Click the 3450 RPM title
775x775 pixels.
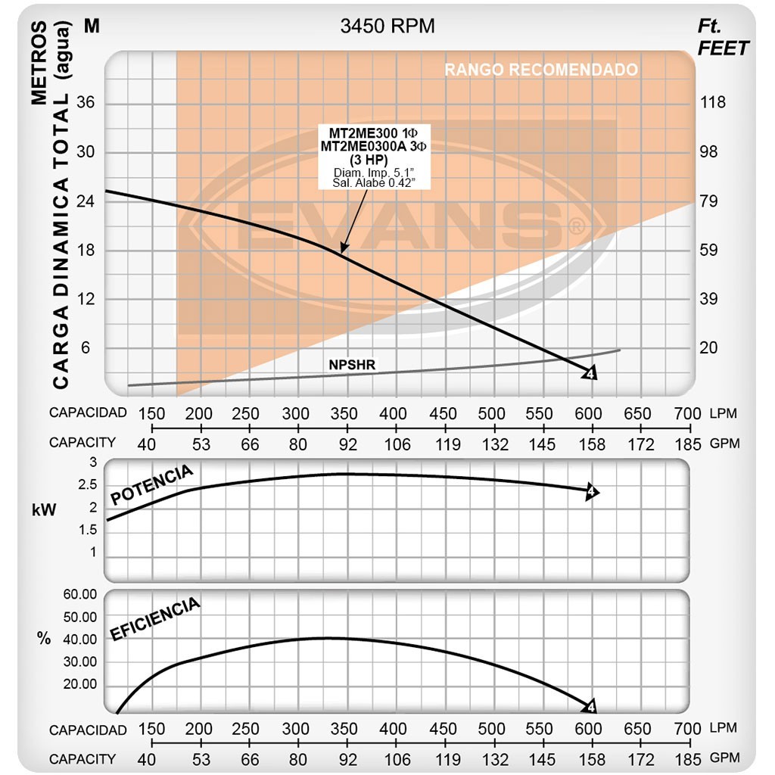387,26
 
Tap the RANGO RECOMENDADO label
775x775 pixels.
540,70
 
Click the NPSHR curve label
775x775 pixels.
352,365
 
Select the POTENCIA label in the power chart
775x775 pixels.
151,485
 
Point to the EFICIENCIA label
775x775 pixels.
155,618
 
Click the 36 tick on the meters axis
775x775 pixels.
86,103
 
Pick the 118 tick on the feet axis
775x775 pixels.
712,103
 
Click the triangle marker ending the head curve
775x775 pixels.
591,372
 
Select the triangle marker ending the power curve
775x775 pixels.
591,492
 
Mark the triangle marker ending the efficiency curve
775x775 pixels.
591,707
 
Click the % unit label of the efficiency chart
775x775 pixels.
44,638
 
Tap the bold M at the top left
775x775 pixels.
92,26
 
